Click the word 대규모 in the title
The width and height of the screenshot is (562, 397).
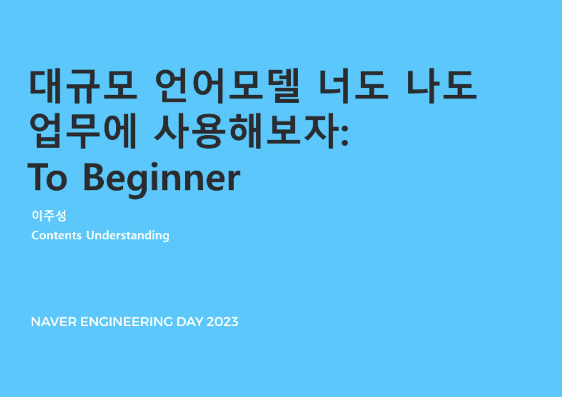(83, 85)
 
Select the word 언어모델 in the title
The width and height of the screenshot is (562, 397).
(228, 85)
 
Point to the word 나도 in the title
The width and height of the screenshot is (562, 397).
(442, 85)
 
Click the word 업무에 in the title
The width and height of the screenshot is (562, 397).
(83, 131)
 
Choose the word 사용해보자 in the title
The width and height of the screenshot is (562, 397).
(247, 131)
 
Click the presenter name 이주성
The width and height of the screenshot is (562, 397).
(49, 216)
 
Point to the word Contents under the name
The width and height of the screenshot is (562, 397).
(56, 235)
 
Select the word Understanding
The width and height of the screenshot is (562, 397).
(127, 235)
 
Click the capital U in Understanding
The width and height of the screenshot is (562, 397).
(90, 235)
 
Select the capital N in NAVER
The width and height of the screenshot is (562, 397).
(35, 322)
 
